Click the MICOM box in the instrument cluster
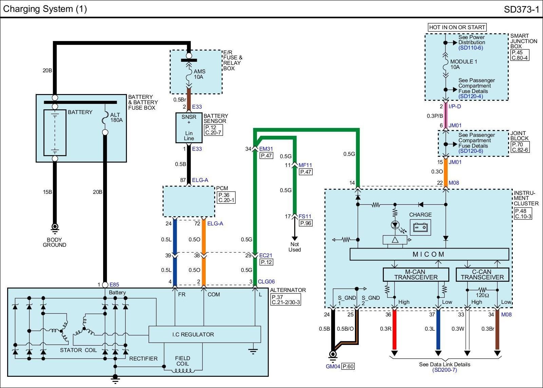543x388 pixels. click(x=429, y=254)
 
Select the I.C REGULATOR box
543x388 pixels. click(x=205, y=334)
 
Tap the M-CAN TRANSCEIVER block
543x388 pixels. click(x=416, y=275)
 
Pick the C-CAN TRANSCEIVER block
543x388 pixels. click(x=482, y=275)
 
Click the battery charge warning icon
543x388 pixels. click(x=420, y=227)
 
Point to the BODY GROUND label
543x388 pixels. click(x=54, y=242)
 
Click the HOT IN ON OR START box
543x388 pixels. click(x=457, y=27)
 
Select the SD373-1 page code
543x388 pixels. click(x=521, y=9)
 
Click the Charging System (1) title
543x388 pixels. click(x=45, y=9)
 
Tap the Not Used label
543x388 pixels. click(x=295, y=247)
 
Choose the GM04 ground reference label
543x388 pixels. click(x=333, y=366)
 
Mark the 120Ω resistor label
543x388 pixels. click(x=482, y=295)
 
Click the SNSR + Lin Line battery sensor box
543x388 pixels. click(x=189, y=128)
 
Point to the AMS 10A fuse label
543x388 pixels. click(x=199, y=74)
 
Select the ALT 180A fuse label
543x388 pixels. click(x=116, y=117)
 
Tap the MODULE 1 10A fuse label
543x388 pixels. click(x=464, y=64)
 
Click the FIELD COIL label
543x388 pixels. click(x=183, y=361)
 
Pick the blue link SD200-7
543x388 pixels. click(x=445, y=370)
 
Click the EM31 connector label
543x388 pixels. click(x=266, y=149)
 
